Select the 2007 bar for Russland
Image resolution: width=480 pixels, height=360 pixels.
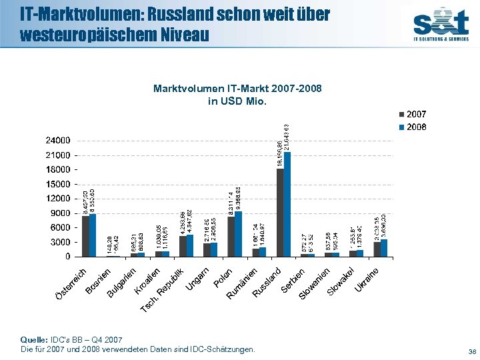coord(280,213)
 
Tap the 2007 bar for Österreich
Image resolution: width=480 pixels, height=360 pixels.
coord(85,236)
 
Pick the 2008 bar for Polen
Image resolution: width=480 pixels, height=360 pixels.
coord(239,234)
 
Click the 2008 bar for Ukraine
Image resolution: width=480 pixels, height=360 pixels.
coord(384,248)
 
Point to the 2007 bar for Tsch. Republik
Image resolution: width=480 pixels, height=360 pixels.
coord(183,246)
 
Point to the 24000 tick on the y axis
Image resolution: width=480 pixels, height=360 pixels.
coord(58,141)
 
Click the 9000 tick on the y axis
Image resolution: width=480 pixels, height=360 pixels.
coord(61,213)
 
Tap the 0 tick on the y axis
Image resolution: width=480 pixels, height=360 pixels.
coord(68,256)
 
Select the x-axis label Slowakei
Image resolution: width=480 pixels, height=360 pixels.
coord(341,281)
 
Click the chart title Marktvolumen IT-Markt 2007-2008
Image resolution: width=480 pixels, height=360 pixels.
coord(209,89)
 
